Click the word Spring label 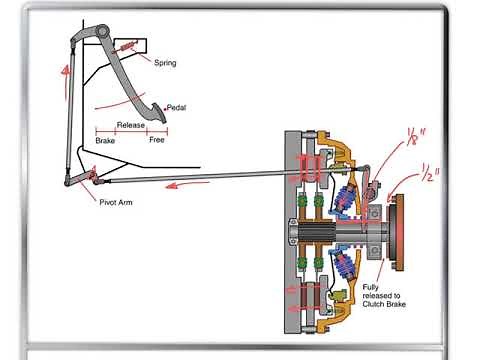pos(166,62)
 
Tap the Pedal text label pos(175,108)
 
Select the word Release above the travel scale pos(131,125)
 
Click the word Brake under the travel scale pos(106,141)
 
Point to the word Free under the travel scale pos(157,141)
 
